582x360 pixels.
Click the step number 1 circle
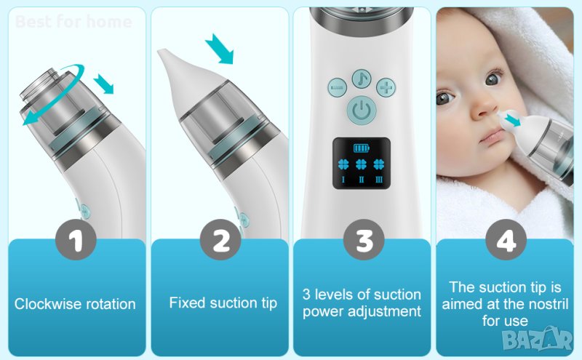(76, 239)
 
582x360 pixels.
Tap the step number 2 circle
(220, 239)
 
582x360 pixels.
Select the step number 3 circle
(364, 239)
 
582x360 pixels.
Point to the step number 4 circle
(506, 239)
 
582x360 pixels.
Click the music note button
(361, 79)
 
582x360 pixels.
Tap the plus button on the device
(386, 88)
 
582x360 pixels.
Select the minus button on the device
(337, 88)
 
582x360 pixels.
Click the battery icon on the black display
(361, 148)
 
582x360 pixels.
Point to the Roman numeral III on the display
(379, 180)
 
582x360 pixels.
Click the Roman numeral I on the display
(343, 180)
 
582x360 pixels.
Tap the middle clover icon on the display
(361, 164)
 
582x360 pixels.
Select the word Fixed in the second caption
(188, 303)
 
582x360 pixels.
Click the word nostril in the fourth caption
(549, 304)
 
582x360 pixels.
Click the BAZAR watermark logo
(538, 338)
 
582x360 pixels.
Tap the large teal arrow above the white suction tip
(220, 49)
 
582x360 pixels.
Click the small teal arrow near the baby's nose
(513, 120)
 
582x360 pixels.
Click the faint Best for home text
(73, 22)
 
